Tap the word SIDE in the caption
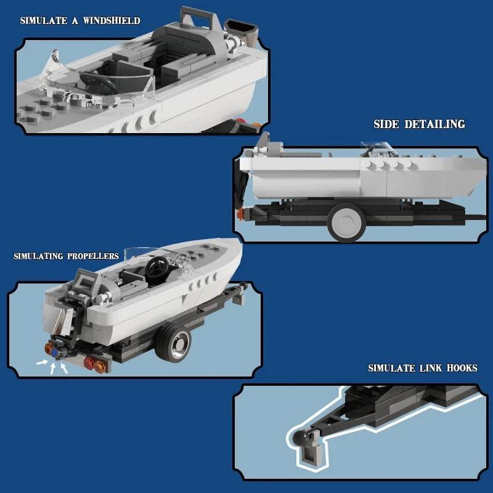pyautogui.click(x=386, y=124)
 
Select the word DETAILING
pyautogui.click(x=434, y=124)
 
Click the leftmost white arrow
pyautogui.click(x=41, y=363)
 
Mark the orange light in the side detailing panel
pyautogui.click(x=239, y=213)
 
